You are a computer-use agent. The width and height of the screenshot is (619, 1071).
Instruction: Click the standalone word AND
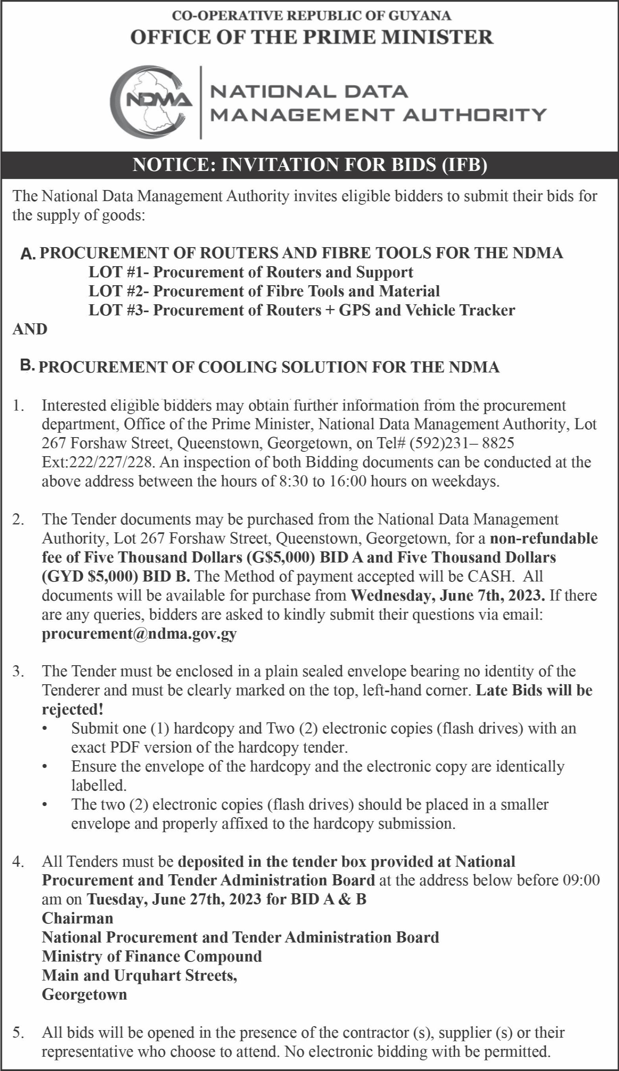click(30, 329)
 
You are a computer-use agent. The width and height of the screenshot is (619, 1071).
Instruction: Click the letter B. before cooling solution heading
click(28, 365)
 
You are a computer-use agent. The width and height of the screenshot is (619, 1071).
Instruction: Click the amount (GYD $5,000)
click(90, 576)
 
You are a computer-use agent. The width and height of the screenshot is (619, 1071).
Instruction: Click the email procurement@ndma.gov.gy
click(139, 634)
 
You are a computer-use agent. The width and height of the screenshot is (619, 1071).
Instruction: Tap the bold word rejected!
click(73, 709)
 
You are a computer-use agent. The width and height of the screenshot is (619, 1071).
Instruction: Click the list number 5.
click(18, 1032)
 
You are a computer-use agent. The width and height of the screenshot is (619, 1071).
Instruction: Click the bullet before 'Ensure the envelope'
click(44, 767)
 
